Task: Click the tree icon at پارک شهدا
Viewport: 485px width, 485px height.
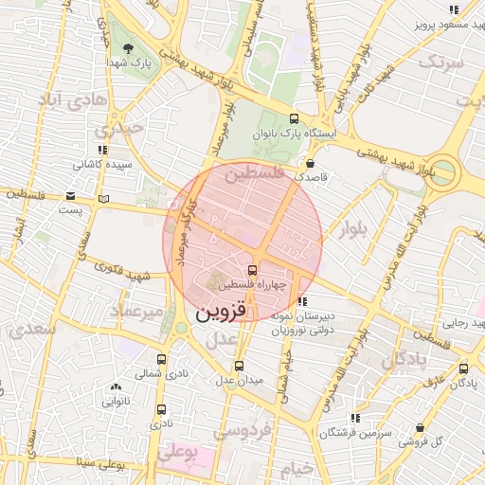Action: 129,47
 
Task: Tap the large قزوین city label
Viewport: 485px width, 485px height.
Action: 219,311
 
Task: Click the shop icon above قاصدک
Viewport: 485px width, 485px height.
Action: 310,162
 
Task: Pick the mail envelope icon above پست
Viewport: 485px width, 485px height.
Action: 71,196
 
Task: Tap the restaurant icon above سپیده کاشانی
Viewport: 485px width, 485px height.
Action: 102,149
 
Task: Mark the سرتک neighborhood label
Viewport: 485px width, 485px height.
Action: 442,63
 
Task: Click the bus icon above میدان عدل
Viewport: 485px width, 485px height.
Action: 238,365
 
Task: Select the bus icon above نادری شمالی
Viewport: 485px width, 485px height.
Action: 162,359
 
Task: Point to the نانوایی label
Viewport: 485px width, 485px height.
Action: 116,401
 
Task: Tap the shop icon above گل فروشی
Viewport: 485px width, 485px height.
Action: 420,427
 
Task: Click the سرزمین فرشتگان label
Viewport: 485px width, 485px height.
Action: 354,432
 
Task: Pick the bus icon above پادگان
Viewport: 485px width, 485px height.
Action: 463,368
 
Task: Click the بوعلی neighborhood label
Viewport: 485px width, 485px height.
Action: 178,453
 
